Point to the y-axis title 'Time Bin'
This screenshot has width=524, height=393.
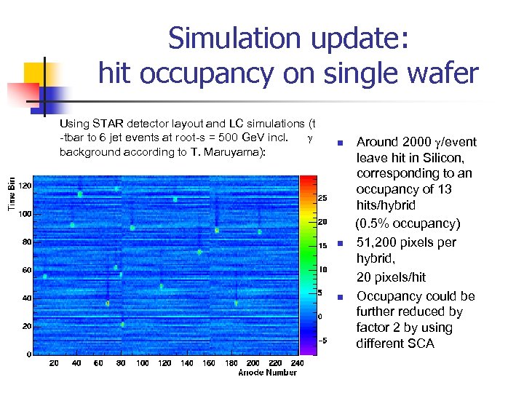coord(12,196)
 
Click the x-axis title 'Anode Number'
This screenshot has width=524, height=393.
coord(267,373)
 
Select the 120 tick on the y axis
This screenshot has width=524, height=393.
coord(25,186)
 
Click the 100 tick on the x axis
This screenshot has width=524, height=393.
coord(143,362)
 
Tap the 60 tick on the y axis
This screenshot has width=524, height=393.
coord(27,270)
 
